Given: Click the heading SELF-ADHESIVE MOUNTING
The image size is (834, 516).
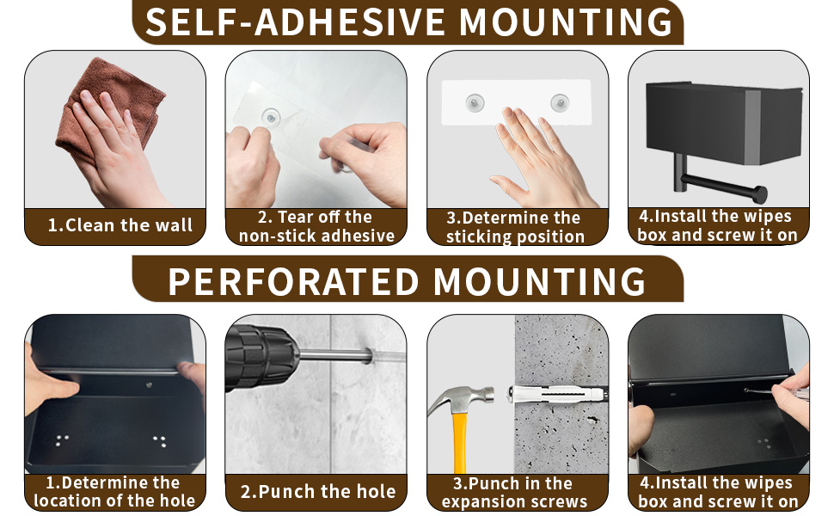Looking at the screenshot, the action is click(x=408, y=21).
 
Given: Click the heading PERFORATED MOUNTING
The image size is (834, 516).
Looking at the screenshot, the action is click(x=407, y=281).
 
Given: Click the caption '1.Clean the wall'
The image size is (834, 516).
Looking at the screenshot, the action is click(x=120, y=225).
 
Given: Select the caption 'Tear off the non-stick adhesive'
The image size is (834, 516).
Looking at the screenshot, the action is click(x=316, y=226).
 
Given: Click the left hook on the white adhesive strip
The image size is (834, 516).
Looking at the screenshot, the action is click(x=475, y=102).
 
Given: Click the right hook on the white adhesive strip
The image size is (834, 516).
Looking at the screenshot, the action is click(x=560, y=102).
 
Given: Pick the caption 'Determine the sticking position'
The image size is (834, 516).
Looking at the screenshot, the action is click(x=515, y=227).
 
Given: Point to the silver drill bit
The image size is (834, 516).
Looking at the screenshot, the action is click(x=335, y=355).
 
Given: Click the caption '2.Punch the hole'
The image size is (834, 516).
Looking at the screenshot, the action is click(x=318, y=492).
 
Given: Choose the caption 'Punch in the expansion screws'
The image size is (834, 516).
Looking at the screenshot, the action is click(x=514, y=493).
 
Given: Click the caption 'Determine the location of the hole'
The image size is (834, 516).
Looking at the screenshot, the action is click(x=114, y=492).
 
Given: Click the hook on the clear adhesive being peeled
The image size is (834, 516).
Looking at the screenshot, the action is click(x=271, y=117).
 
